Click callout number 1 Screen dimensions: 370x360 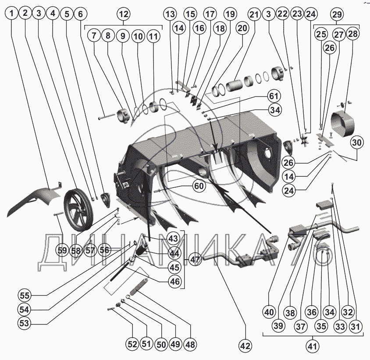(11, 13)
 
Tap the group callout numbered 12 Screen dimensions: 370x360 (124, 14)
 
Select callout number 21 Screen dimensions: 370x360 (254, 14)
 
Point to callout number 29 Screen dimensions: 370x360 (337, 14)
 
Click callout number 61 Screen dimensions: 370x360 (274, 96)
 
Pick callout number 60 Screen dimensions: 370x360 (199, 186)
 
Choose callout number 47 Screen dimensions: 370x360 (195, 260)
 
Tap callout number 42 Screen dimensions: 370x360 (245, 346)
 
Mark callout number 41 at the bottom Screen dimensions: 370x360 (312, 346)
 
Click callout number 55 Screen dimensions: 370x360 (25, 295)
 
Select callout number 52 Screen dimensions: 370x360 (132, 344)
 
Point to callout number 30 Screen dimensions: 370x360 (357, 143)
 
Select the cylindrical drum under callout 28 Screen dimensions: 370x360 (343, 125)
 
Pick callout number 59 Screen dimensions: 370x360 (62, 250)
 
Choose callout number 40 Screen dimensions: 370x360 (269, 312)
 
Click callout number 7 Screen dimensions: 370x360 (94, 36)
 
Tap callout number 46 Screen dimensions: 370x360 (174, 282)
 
